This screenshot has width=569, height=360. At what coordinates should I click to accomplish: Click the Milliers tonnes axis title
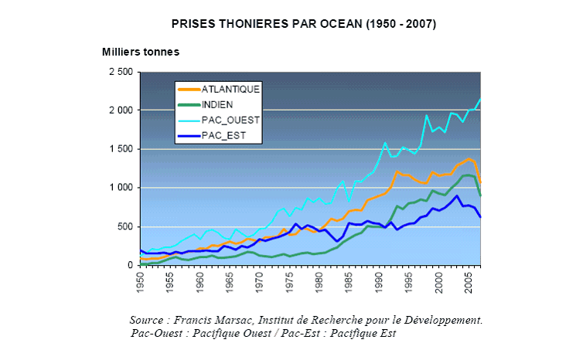click(141, 53)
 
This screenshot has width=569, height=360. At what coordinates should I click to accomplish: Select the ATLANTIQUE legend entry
click(230, 89)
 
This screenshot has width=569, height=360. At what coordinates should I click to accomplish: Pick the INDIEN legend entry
click(218, 104)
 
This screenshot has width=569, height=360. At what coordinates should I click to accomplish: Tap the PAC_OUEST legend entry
click(230, 120)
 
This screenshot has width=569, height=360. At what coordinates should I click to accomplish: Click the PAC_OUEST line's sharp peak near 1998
click(427, 116)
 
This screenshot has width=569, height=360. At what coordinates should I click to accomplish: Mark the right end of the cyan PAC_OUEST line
click(480, 99)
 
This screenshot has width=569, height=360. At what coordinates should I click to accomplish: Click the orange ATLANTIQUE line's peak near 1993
click(397, 172)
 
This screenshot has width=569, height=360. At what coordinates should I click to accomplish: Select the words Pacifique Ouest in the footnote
click(233, 333)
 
